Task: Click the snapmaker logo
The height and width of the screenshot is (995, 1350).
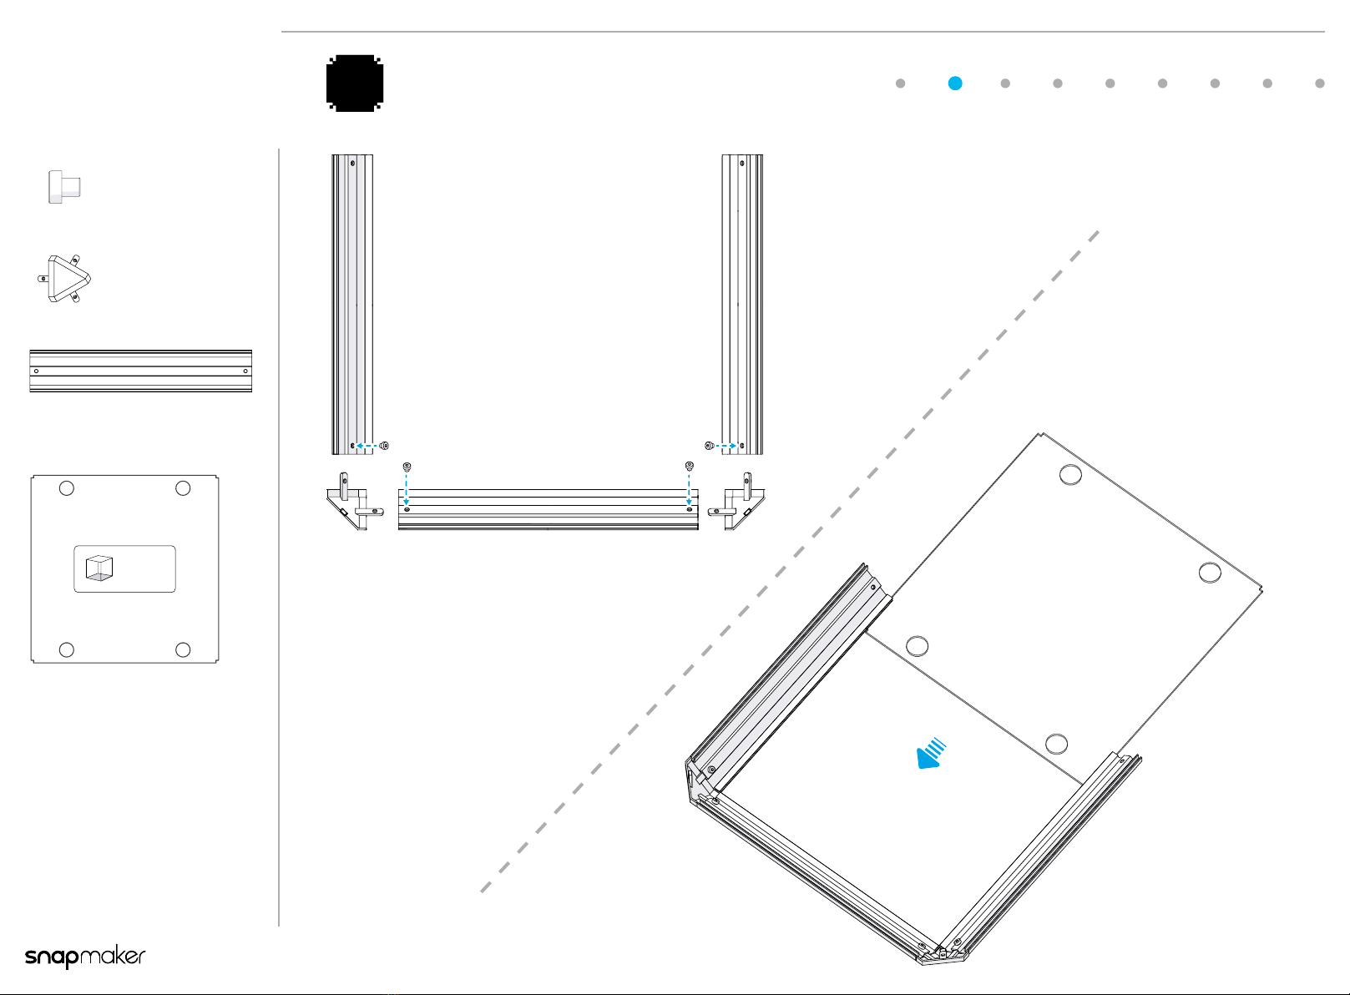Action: tap(85, 957)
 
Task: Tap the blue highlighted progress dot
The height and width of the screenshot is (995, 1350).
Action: tap(954, 83)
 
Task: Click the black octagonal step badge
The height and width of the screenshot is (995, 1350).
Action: tap(354, 83)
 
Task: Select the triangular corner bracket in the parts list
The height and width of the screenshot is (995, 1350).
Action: tap(64, 279)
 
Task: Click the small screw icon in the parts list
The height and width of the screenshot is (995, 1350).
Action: tap(64, 187)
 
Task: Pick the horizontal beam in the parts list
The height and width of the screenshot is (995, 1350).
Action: tap(141, 371)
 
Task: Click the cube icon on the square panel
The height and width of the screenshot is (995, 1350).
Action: tap(99, 568)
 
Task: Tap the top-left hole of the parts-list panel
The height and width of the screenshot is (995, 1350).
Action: tap(66, 488)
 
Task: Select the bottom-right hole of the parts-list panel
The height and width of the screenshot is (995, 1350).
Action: tap(183, 649)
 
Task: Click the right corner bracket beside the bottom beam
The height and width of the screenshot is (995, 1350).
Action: tap(736, 502)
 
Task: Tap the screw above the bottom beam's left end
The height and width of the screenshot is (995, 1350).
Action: tap(407, 467)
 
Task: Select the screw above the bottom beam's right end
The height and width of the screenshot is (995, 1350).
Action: tap(690, 467)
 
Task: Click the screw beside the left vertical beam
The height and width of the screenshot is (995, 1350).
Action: tap(385, 446)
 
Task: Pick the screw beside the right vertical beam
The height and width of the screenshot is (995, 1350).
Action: tap(710, 446)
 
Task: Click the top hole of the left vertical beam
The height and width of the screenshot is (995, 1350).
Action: tap(352, 164)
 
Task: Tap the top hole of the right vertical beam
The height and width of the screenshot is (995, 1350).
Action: tap(742, 164)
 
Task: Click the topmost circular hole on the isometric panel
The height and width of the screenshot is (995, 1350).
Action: tap(1070, 475)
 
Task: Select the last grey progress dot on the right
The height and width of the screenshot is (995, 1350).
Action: tap(1319, 83)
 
